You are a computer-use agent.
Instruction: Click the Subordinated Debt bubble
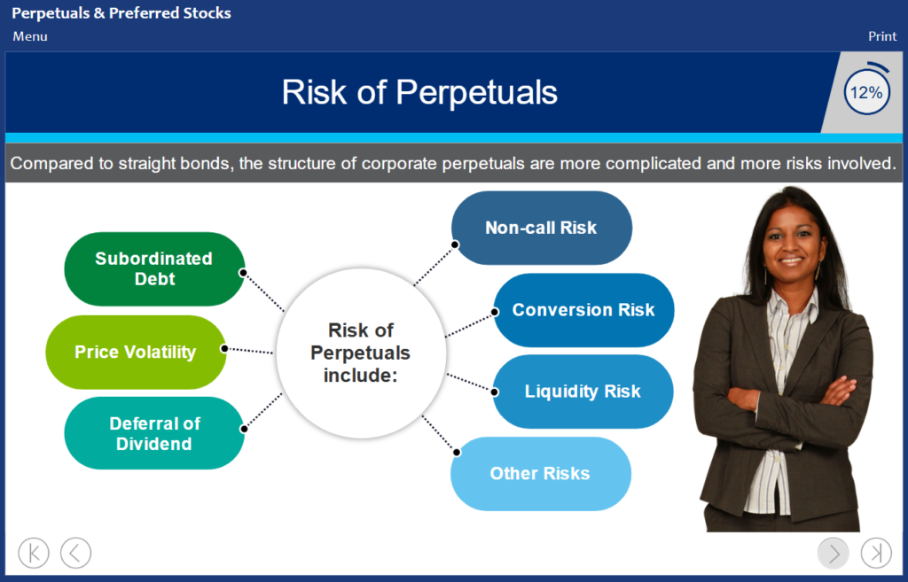pos(154,269)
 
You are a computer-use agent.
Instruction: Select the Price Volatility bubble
pos(136,352)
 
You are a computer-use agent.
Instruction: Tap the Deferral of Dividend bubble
pos(154,433)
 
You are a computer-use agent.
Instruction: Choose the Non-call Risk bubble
pos(542,228)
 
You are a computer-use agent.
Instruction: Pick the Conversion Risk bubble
pos(583,310)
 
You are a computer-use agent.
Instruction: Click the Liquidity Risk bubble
pos(583,392)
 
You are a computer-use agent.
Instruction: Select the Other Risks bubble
pos(541,474)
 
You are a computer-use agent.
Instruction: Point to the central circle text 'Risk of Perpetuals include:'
pos(360,353)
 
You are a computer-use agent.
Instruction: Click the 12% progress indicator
pos(866,92)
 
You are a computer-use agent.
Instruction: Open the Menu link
pos(30,36)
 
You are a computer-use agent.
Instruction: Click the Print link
pos(882,36)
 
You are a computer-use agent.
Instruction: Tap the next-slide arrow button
pos(834,553)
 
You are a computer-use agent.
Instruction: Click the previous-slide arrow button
pos(76,553)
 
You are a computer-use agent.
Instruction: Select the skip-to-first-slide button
pos(34,553)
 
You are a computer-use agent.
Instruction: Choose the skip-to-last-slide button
pos(876,553)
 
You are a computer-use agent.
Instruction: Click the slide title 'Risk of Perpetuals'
pos(419,92)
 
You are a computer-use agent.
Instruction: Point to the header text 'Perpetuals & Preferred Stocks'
pos(121,13)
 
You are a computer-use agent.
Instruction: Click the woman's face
pos(792,240)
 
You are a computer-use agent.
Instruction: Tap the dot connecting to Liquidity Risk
pos(495,392)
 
